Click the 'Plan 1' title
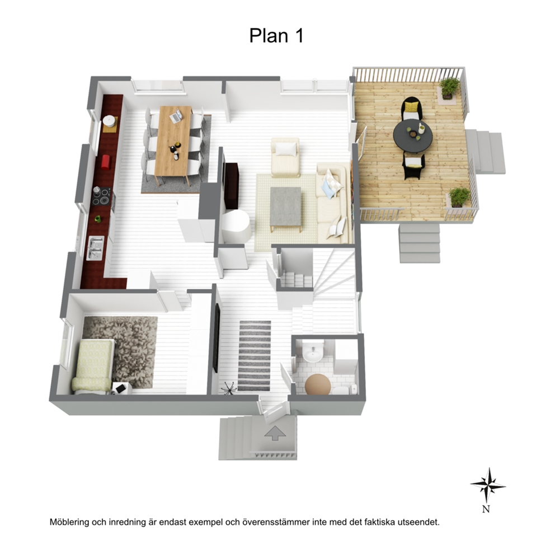[276, 35]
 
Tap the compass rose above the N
[488, 485]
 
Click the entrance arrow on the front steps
[275, 433]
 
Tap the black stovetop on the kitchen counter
[102, 197]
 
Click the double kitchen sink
[96, 248]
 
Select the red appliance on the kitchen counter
[106, 162]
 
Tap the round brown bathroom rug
[318, 384]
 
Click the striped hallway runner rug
[255, 356]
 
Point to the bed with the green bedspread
[93, 366]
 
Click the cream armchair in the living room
[285, 157]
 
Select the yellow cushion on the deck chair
[411, 106]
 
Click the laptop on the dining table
[176, 116]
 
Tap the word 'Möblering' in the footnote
[69, 522]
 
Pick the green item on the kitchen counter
[98, 219]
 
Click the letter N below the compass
[486, 509]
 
